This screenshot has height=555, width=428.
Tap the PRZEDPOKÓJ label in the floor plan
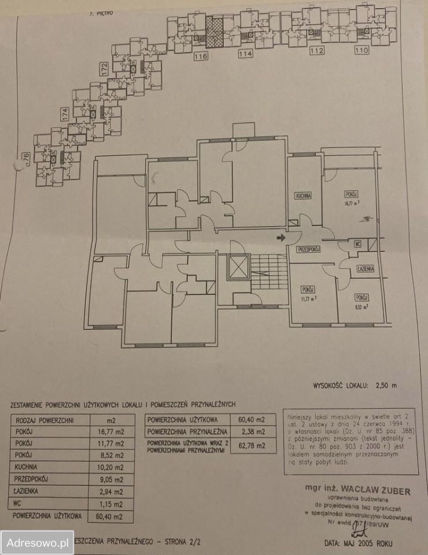(x=309, y=249)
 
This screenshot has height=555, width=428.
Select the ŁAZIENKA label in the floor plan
(x=366, y=269)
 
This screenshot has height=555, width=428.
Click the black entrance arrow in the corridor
(x=282, y=238)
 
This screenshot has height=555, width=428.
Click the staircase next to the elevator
(x=270, y=272)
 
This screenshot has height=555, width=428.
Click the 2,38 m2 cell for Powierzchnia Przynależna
(x=253, y=432)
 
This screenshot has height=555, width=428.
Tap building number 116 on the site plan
(x=201, y=56)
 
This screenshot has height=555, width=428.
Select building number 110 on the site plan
(x=361, y=51)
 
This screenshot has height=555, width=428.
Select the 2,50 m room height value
(x=386, y=384)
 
